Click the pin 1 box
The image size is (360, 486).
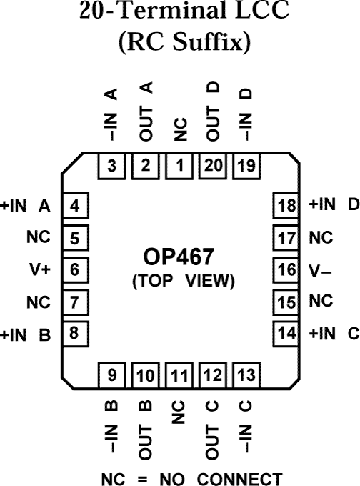(x=179, y=167)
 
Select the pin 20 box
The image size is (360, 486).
(x=213, y=167)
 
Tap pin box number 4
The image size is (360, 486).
(x=74, y=207)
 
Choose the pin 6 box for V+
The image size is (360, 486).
(x=74, y=270)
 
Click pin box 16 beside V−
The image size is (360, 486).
(x=285, y=270)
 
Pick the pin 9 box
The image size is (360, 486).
(x=112, y=373)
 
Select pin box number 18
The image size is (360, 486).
(x=285, y=207)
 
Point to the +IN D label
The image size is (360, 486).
(x=333, y=205)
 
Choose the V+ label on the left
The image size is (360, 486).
(x=37, y=270)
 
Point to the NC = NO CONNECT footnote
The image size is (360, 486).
(x=180, y=477)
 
